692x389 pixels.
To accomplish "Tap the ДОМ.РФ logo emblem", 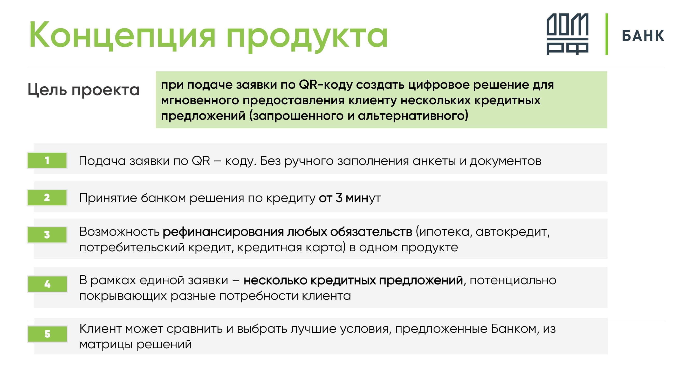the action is tap(567, 34).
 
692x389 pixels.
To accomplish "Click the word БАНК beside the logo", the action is tap(643, 36).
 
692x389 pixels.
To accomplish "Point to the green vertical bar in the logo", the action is tap(607, 34).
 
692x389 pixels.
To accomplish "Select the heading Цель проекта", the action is tap(84, 90).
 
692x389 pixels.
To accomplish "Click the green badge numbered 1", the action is tap(47, 161).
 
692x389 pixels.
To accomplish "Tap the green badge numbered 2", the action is tap(47, 198).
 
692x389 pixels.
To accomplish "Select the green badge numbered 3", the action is tap(47, 235).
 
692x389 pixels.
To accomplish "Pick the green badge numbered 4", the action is tap(47, 284).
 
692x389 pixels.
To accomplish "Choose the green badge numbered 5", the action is tap(47, 334).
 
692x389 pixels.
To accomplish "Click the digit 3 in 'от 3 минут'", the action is tap(339, 198).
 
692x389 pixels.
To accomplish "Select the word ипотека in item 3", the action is tap(444, 232).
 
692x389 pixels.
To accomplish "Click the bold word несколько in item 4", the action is tap(275, 281).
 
